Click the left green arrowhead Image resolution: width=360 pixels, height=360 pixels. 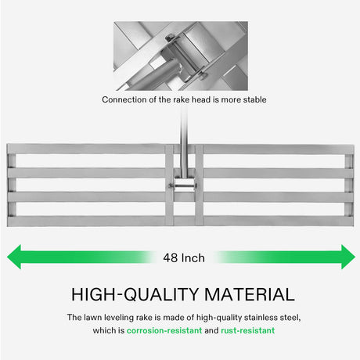pos(14,257)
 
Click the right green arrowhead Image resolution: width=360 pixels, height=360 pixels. pos(348,257)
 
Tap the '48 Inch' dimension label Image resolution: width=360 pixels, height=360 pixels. pos(184,258)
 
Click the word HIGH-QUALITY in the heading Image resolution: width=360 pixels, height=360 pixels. pos(135,294)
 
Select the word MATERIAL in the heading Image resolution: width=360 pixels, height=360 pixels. pos(250,294)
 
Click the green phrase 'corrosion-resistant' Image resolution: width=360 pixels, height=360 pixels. pos(164,330)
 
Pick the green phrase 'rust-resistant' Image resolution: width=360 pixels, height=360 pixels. pos(248,330)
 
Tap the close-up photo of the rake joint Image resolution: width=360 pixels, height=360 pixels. pos(181,56)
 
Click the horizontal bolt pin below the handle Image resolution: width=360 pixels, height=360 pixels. pos(182,185)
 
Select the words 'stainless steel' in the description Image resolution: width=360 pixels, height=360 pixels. pos(272,318)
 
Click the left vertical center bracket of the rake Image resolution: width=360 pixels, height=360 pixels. pos(169,185)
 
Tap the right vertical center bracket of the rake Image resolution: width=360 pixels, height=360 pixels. pos(200,185)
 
